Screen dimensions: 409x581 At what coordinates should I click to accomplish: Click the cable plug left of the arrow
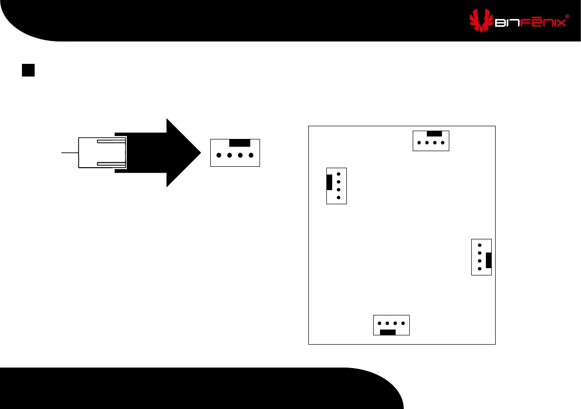(x=102, y=153)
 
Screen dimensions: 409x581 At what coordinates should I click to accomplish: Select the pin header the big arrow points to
(x=235, y=153)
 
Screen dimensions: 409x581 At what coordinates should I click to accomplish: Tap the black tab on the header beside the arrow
(x=240, y=143)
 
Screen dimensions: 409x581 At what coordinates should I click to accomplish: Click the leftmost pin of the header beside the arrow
(x=218, y=156)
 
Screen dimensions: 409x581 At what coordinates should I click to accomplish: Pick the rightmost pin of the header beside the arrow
(x=251, y=156)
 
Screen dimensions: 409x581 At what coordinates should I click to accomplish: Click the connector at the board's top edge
(x=431, y=140)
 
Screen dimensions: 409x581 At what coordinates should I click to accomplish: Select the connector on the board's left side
(x=336, y=186)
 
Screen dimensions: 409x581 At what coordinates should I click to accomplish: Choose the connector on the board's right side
(x=481, y=257)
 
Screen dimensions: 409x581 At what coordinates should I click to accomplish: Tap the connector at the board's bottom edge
(x=391, y=325)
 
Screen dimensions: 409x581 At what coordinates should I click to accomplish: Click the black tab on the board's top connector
(x=434, y=134)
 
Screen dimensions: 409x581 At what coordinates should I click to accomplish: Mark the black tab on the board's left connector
(x=330, y=182)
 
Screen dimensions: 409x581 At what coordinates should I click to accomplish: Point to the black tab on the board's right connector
(x=488, y=260)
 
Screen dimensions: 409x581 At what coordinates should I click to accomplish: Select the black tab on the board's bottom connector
(x=388, y=332)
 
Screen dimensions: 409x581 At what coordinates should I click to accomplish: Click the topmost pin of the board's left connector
(x=339, y=174)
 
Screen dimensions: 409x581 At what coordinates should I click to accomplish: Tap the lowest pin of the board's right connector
(x=480, y=269)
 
